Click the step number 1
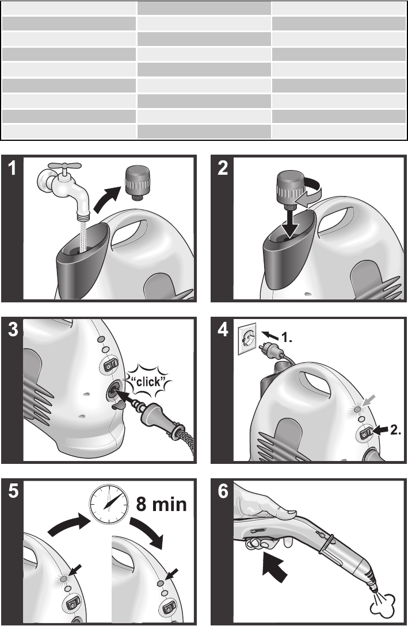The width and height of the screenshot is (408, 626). (13, 169)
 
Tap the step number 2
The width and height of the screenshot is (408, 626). (223, 169)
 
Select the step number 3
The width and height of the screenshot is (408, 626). (13, 330)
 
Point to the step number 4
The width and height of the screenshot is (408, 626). (223, 330)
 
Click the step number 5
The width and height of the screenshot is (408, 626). (13, 491)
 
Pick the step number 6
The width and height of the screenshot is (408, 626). (223, 491)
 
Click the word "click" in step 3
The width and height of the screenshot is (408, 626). (148, 381)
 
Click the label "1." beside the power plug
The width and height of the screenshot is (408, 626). (287, 338)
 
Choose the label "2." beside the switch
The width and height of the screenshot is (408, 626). (395, 430)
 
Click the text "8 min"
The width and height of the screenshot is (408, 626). (162, 504)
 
